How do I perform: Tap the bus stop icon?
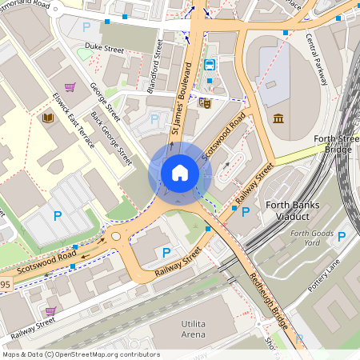click(x=210, y=64)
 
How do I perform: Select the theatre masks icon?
click(x=206, y=102)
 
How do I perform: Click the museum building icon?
click(x=278, y=119)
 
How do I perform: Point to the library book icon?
click(x=47, y=118)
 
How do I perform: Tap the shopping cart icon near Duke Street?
click(x=70, y=87)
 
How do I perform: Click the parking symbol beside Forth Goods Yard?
click(x=342, y=237)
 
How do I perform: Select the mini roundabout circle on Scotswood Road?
click(x=116, y=236)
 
